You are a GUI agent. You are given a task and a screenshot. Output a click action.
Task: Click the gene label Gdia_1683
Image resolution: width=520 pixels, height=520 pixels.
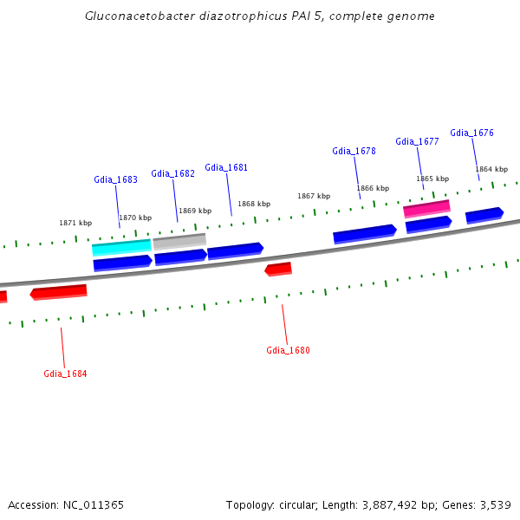click(115, 179)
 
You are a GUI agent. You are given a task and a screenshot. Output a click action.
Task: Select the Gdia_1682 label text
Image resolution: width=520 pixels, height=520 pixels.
click(172, 173)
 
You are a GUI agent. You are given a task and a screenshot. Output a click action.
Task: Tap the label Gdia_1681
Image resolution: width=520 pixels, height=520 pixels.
click(226, 167)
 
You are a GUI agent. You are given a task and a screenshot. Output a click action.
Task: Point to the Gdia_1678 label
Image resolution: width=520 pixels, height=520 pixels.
click(354, 151)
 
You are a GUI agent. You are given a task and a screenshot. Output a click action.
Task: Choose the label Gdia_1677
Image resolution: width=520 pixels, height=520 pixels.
click(417, 141)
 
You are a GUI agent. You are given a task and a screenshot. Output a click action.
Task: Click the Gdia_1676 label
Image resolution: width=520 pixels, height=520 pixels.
click(471, 133)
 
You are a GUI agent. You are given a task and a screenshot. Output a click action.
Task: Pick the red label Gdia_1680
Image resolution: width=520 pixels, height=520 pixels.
click(288, 350)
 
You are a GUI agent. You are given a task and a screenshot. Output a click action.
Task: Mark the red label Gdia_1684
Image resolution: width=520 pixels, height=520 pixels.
click(65, 374)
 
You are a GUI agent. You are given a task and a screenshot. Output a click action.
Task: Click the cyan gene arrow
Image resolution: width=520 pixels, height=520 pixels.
click(121, 247)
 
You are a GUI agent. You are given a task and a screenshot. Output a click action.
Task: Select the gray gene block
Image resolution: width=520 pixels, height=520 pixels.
click(179, 241)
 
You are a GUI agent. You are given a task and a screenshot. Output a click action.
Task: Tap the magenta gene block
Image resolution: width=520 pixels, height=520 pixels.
click(426, 208)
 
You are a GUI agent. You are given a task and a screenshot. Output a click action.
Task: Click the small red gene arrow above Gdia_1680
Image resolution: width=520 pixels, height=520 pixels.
click(278, 270)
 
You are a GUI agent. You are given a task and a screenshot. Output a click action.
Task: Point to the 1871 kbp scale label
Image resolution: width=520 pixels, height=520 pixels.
click(75, 223)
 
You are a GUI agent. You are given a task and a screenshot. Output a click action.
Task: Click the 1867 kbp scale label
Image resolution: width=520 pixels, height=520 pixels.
click(314, 196)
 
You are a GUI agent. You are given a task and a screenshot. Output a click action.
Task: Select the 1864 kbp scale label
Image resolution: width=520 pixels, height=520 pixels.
click(491, 169)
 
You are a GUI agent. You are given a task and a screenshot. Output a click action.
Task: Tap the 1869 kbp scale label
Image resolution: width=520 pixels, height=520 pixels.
click(195, 211)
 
